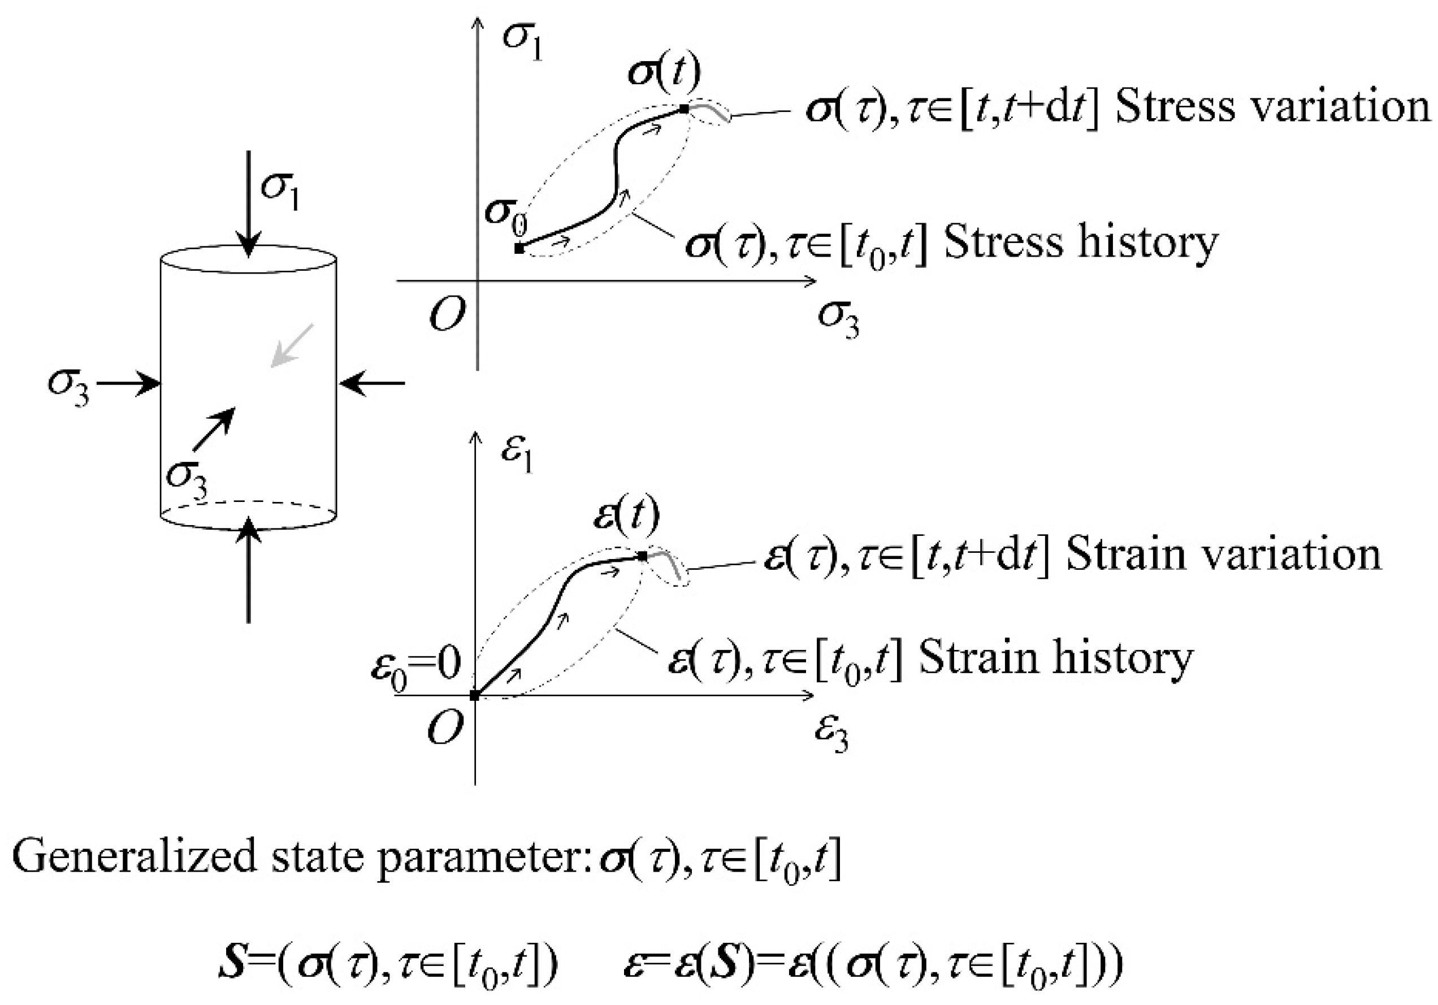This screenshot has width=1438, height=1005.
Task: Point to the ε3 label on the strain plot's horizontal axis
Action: click(831, 733)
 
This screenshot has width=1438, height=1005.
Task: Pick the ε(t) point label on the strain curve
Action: click(626, 517)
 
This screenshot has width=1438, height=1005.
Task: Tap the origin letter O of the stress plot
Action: click(447, 314)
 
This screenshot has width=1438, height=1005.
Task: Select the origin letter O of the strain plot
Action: click(445, 728)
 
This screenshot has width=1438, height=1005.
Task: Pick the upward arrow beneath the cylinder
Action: click(249, 570)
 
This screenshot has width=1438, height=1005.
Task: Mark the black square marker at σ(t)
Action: click(685, 109)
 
